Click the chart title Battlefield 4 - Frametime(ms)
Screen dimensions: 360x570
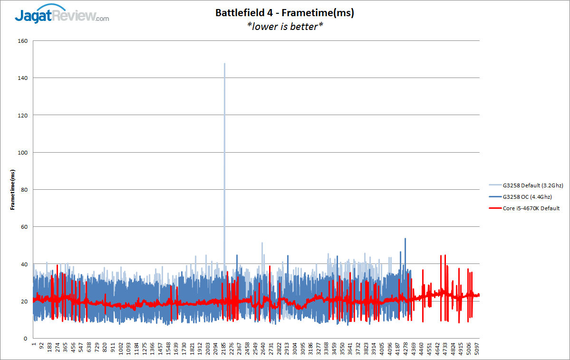(x=285, y=13)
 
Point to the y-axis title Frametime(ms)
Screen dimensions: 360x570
(x=13, y=189)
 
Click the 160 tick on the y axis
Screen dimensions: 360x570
(x=23, y=41)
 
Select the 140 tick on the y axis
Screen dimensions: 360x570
(x=23, y=78)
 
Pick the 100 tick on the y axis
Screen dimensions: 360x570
(x=23, y=153)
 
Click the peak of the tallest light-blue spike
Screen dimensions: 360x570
(x=224, y=64)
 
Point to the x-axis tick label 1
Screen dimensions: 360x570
(x=34, y=344)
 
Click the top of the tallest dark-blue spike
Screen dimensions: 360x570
(x=405, y=239)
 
